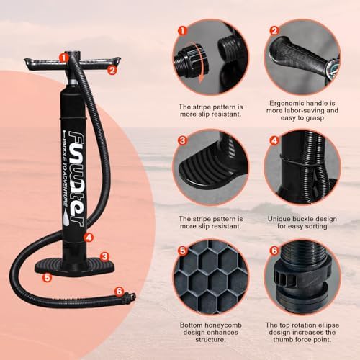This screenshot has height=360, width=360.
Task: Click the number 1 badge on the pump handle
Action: tap(64, 56)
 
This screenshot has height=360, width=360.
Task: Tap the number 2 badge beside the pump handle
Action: tap(112, 70)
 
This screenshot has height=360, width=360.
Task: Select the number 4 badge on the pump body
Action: tap(88, 236)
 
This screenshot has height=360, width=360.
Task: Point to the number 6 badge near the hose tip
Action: tap(119, 291)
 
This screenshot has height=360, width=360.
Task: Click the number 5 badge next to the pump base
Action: tap(47, 275)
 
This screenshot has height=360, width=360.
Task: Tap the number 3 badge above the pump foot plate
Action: tap(104, 255)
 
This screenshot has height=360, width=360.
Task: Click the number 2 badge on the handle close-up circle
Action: tap(274, 32)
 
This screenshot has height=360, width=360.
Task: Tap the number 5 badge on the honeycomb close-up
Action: tap(183, 252)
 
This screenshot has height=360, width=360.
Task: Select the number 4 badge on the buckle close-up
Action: tap(274, 142)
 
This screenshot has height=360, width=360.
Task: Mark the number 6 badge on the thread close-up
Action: tap(274, 252)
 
